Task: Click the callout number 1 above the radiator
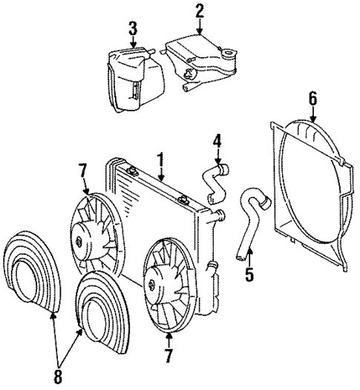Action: [160, 158]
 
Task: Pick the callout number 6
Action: [312, 97]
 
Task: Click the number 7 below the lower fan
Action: [168, 357]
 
